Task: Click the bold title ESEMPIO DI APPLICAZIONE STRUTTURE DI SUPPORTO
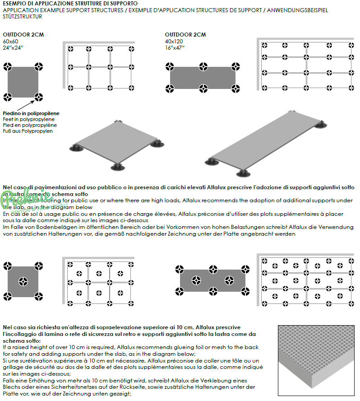point(67,4)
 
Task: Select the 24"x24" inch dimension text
point(13,47)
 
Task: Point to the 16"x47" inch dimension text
point(175,47)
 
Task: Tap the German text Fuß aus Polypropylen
point(28,131)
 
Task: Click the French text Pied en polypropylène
point(30,125)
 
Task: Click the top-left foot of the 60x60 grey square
point(8,67)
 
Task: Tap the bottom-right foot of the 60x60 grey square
point(39,97)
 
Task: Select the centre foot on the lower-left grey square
point(23,282)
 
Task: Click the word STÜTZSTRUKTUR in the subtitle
point(23,17)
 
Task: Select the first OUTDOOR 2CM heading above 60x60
point(23,35)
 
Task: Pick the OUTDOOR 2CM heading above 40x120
point(185,35)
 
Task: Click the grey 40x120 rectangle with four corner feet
point(203,81)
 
